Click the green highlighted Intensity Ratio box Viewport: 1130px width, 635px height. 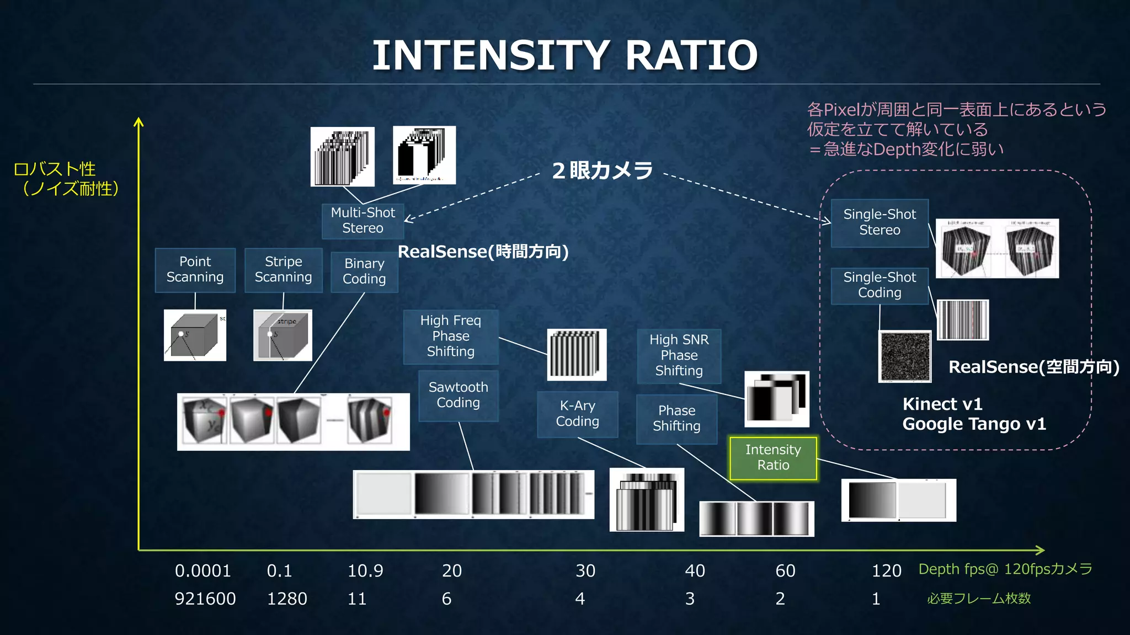point(773,458)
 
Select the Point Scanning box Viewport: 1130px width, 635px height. point(195,269)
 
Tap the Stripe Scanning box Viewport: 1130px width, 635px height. point(283,269)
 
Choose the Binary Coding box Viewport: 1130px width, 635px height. point(364,271)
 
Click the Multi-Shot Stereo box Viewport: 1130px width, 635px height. point(363,221)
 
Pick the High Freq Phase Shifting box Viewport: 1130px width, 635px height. point(450,336)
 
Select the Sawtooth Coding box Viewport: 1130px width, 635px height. point(458,395)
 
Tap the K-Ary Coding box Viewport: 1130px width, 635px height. point(577,414)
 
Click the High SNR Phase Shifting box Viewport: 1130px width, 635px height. point(679,355)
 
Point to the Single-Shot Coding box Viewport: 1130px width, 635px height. point(880,285)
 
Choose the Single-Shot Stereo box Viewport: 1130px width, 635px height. point(880,222)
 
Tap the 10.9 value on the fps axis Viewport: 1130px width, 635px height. point(365,570)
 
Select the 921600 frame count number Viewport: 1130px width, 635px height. point(205,599)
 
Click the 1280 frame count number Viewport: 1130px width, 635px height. point(287,599)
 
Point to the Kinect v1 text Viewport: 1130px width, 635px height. point(942,404)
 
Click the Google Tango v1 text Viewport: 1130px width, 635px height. point(974,424)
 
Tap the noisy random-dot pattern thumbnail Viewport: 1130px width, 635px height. point(905,356)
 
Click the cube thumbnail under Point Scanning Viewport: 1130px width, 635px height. point(195,335)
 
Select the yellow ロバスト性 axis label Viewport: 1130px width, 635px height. point(55,169)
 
